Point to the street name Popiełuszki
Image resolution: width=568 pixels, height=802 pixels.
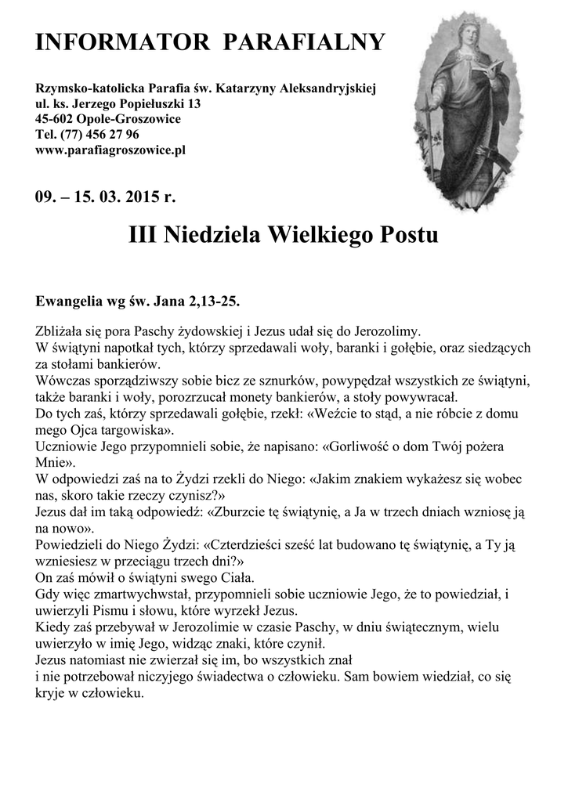(154, 104)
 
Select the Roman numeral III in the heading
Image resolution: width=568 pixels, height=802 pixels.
(144, 234)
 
